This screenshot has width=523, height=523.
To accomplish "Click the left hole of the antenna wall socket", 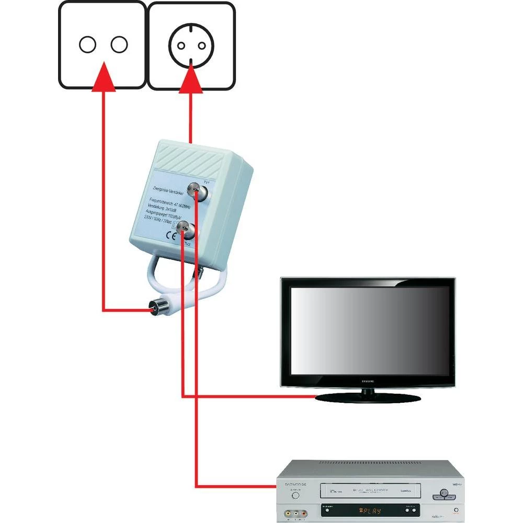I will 87,44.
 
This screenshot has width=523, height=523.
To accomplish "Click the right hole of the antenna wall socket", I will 119,44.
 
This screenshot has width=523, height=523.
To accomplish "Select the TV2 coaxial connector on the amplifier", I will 183,228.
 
